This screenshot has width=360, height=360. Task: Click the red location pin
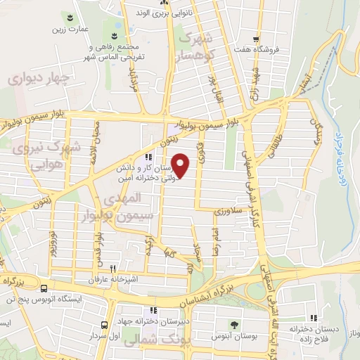click(181, 165)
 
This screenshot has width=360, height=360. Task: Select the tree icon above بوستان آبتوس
click(233, 324)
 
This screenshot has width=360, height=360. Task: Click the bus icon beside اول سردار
click(104, 325)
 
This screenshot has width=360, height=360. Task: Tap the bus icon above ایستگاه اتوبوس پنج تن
click(44, 288)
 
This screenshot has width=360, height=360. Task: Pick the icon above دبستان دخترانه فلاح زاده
click(314, 318)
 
